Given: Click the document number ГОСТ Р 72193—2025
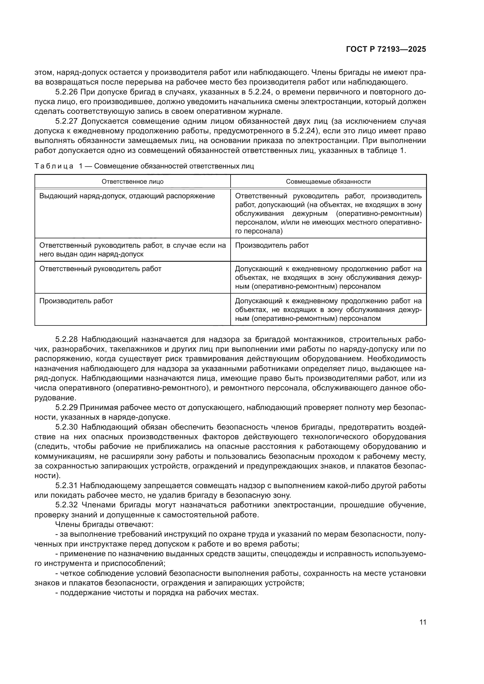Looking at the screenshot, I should coord(386,49).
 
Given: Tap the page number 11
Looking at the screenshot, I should coord(423,622).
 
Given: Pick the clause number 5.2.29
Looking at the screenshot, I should coord(67,407).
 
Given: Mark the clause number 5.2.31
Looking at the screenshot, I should coord(67,486).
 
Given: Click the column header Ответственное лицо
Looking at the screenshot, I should coord(133,182).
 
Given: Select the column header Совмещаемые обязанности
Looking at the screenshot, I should coord(328,182).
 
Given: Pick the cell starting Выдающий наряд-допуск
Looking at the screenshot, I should coord(127,196).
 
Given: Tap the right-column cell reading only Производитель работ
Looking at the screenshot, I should coord(272,245).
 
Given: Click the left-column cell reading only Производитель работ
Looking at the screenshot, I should coord(76,301).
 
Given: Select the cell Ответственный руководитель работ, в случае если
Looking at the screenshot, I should coord(133,250).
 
